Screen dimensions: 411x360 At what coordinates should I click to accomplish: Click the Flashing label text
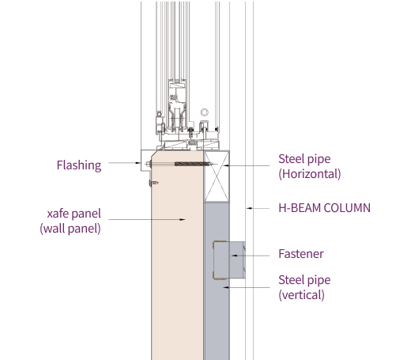(x=79, y=165)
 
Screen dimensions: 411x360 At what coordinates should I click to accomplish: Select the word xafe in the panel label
(x=58, y=214)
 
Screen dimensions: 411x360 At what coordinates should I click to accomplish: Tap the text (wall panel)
(x=70, y=229)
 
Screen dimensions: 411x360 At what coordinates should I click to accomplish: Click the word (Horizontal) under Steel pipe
(x=310, y=174)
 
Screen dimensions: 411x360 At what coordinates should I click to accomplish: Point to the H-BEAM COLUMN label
(x=324, y=208)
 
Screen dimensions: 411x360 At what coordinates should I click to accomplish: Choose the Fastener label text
(x=301, y=254)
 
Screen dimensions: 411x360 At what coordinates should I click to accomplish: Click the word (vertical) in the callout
(x=301, y=295)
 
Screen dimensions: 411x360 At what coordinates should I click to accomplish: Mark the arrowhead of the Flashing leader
(x=138, y=163)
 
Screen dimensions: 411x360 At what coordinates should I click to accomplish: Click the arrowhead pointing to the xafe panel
(x=183, y=219)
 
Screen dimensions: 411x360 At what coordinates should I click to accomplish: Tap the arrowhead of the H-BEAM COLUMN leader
(x=249, y=208)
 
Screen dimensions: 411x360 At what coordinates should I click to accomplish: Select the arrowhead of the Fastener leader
(x=235, y=256)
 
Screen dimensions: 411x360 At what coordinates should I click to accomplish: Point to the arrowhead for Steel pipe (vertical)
(x=226, y=287)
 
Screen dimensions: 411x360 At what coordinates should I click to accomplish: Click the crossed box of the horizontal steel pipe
(x=217, y=176)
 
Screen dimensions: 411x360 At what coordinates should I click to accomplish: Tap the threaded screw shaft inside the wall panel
(x=194, y=164)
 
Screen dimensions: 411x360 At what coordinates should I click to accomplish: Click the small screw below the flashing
(x=153, y=183)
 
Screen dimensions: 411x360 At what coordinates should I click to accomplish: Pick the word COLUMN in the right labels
(x=347, y=208)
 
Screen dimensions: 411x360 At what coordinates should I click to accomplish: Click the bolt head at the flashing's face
(x=148, y=164)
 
